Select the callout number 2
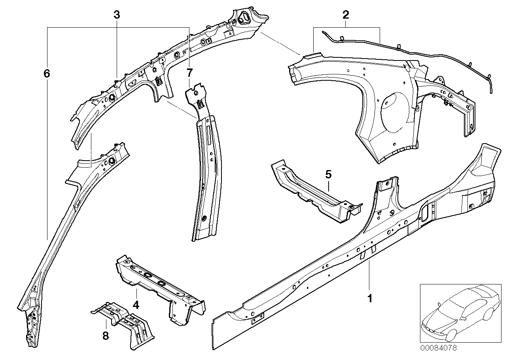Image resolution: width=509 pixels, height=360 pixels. [x=345, y=15]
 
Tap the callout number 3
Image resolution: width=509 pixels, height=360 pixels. [x=116, y=15]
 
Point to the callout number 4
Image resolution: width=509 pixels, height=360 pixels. [x=136, y=305]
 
